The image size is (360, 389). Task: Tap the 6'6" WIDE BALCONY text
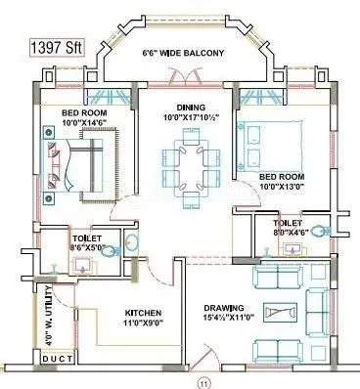[185, 52]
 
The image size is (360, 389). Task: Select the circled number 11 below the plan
[203, 382]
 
